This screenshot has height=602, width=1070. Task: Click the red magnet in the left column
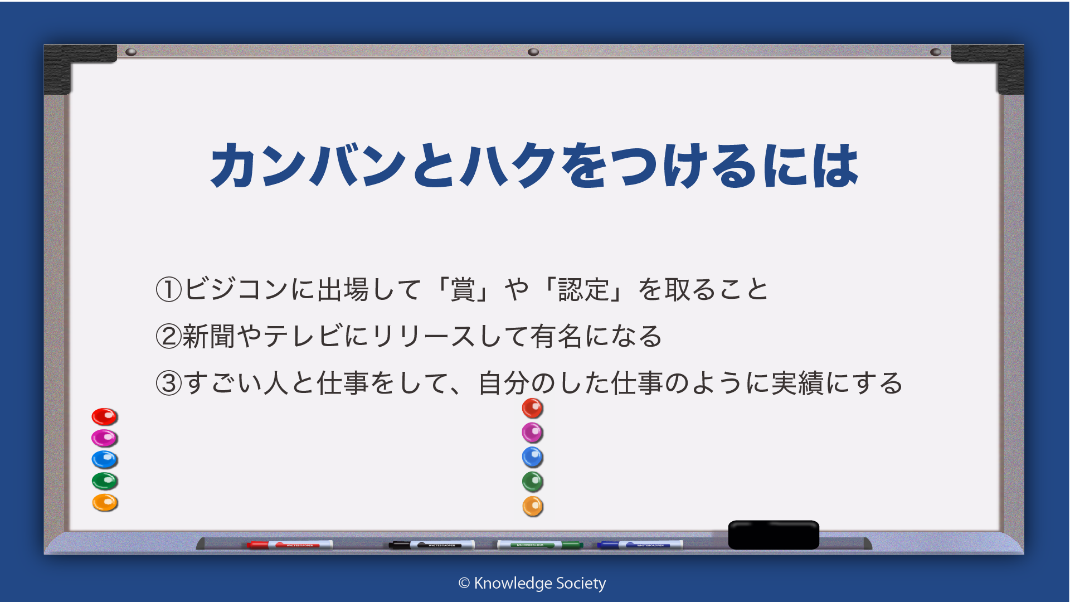point(104,416)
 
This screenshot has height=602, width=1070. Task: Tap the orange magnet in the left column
point(105,503)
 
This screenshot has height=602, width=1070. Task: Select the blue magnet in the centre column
point(533,458)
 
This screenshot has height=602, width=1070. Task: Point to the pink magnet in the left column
point(104,438)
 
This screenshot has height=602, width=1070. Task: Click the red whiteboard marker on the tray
point(290,545)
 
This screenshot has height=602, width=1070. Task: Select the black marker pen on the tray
point(432,545)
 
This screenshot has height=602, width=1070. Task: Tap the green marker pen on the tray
point(540,545)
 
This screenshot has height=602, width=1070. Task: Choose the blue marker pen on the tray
point(640,545)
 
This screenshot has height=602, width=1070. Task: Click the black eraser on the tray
point(774,535)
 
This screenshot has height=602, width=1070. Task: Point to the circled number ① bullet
point(169,290)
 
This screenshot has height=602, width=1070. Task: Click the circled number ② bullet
point(169,337)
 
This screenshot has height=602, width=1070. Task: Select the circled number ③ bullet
point(169,383)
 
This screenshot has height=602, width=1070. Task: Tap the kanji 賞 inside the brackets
point(463,290)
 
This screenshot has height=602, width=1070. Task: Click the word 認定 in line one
point(583,290)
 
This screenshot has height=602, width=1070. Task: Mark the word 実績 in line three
point(797,383)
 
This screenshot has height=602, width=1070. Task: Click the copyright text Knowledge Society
point(532,583)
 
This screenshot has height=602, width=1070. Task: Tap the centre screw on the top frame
point(533,52)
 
